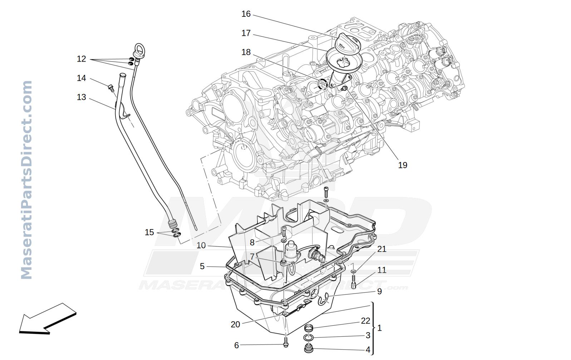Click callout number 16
246,14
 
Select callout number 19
403,165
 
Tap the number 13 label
81,97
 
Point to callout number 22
365,321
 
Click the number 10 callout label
201,245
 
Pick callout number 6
237,345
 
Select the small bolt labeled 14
110,88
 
